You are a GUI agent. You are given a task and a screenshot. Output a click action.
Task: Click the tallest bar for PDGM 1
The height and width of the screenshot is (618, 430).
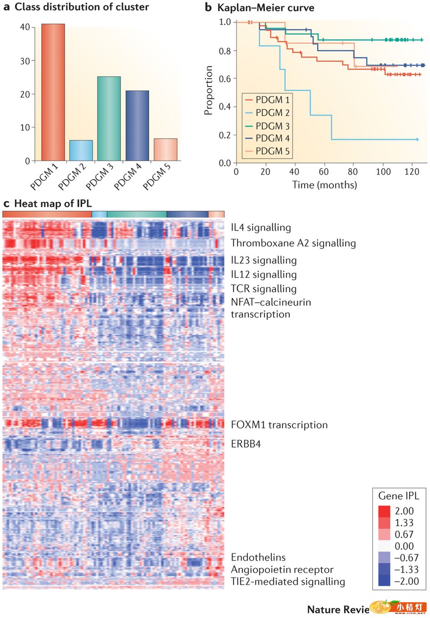pyautogui.click(x=53, y=92)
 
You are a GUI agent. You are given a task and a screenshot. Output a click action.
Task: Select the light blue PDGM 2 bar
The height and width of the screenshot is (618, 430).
pyautogui.click(x=81, y=151)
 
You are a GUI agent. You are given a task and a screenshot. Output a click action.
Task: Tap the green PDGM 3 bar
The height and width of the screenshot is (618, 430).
pyautogui.click(x=109, y=119)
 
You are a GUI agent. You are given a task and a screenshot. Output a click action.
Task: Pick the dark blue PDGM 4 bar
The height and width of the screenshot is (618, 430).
pyautogui.click(x=137, y=126)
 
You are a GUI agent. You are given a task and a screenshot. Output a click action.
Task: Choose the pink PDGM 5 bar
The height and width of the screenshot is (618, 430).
pyautogui.click(x=165, y=150)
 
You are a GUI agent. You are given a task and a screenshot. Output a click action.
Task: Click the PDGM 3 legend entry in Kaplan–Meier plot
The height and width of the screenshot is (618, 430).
pyautogui.click(x=272, y=126)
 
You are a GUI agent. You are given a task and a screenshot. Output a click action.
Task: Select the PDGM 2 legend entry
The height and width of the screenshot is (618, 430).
pyautogui.click(x=272, y=113)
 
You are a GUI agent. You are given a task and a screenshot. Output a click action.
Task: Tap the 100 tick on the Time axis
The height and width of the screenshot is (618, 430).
pyautogui.click(x=383, y=171)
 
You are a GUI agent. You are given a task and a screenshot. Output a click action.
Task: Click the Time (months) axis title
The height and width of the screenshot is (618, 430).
pyautogui.click(x=325, y=185)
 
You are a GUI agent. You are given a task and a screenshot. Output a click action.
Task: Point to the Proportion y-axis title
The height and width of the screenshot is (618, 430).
pyautogui.click(x=209, y=90)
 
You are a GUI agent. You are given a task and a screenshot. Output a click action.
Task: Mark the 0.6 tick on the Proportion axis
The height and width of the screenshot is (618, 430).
pyautogui.click(x=225, y=79)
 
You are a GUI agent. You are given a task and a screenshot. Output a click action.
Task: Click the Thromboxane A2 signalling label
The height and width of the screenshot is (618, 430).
pyautogui.click(x=293, y=243)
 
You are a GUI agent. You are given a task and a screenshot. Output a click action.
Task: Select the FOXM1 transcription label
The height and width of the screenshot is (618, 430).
pyautogui.click(x=279, y=425)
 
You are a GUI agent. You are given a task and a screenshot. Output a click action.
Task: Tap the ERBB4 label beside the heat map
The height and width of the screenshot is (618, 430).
pyautogui.click(x=246, y=444)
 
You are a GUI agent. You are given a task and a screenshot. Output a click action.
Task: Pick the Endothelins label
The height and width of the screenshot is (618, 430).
pyautogui.click(x=258, y=557)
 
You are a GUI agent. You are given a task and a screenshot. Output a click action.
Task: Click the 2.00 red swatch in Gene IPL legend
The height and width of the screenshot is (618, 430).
pyautogui.click(x=384, y=511)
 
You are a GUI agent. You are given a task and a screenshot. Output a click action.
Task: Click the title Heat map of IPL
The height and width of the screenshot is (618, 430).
pyautogui.click(x=53, y=204)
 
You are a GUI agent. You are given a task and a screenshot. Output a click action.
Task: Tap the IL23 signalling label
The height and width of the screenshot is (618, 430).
pyautogui.click(x=264, y=260)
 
